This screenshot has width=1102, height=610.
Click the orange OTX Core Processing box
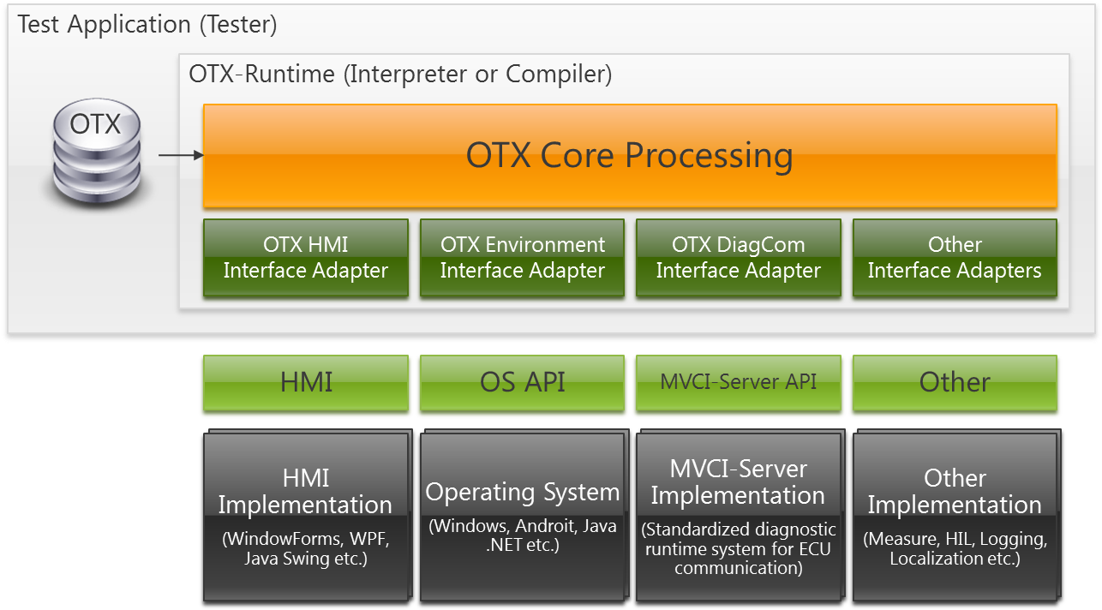click(x=630, y=156)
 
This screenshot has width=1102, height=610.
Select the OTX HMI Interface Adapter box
click(x=306, y=258)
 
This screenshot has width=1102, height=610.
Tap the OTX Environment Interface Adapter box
click(x=522, y=258)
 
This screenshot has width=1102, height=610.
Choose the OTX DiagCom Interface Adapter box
click(x=739, y=258)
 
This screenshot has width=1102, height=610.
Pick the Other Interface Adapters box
click(x=955, y=258)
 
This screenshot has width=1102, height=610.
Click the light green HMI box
click(x=306, y=383)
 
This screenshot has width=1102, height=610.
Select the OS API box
click(x=522, y=383)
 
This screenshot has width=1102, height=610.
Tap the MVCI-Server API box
click(x=739, y=383)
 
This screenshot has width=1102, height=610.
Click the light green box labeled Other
click(x=955, y=383)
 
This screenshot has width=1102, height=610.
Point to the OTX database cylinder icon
click(x=97, y=151)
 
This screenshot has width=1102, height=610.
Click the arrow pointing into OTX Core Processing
click(x=181, y=155)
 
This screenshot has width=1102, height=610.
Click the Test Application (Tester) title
click(x=147, y=25)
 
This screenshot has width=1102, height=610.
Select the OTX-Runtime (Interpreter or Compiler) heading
click(x=400, y=75)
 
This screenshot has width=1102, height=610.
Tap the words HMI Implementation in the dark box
click(x=306, y=492)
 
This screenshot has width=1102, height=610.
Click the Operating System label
click(x=523, y=493)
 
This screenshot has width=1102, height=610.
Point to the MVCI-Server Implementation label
click(x=738, y=482)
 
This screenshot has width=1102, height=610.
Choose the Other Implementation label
click(x=955, y=492)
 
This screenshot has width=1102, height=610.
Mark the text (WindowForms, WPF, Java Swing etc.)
click(x=306, y=549)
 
